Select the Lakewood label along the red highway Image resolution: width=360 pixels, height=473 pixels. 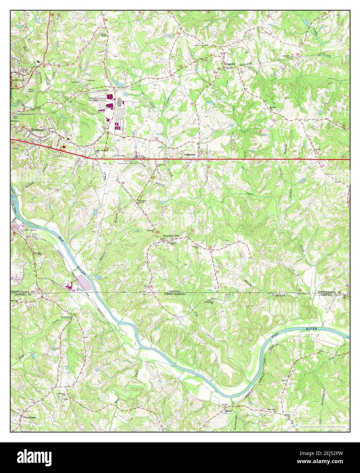pyautogui.click(x=190, y=154)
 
